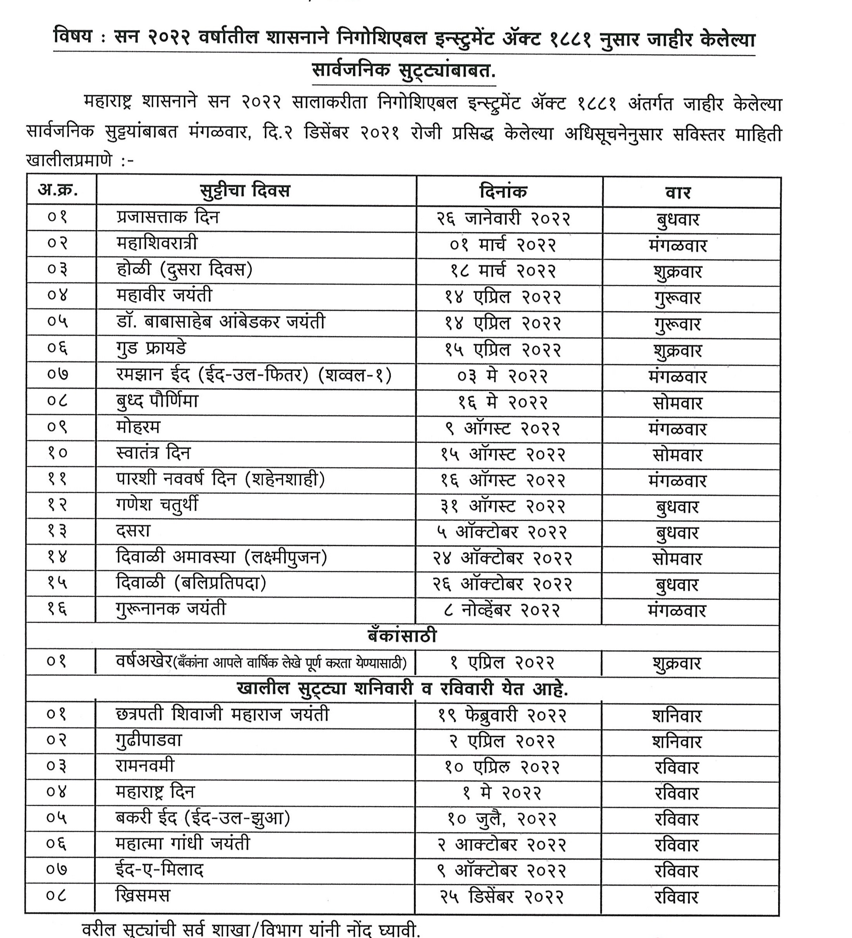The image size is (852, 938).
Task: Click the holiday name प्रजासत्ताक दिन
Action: pos(168,217)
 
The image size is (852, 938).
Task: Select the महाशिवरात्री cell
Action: pos(157,243)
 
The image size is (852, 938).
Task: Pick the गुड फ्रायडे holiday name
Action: pos(151,348)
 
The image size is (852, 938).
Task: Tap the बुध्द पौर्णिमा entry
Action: pos(157,401)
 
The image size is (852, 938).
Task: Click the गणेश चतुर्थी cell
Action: pos(157,505)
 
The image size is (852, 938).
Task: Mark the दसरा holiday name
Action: pos(133,531)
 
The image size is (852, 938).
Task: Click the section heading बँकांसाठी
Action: pos(402,636)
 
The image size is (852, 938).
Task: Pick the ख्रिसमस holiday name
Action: pos(143,895)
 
